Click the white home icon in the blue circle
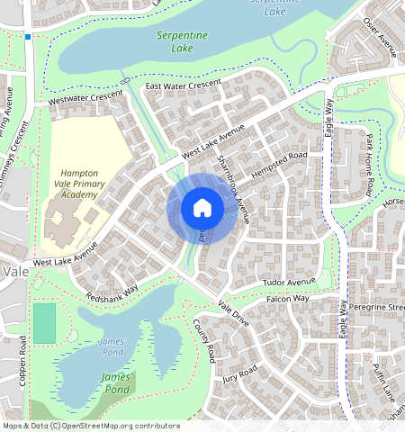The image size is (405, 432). [x=202, y=208]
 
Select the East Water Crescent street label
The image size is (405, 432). [x=183, y=85]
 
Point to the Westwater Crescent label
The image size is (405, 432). [x=85, y=100]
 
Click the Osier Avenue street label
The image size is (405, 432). [x=380, y=35]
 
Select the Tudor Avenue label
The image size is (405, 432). [x=287, y=283]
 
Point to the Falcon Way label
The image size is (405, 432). [x=288, y=299]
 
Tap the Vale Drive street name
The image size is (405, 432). [x=233, y=315]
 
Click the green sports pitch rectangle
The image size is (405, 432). [x=44, y=323]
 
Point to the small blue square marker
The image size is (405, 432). [x=28, y=37]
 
